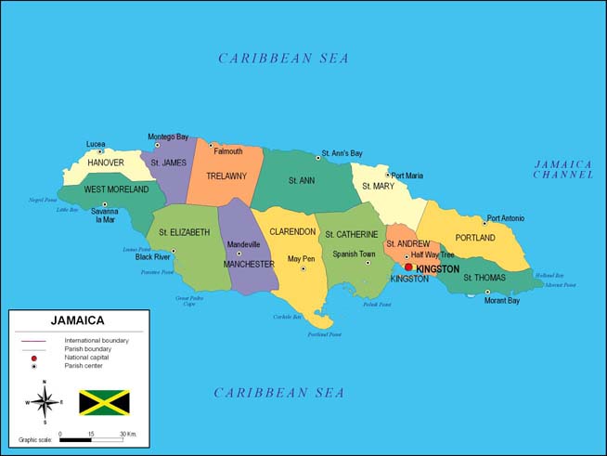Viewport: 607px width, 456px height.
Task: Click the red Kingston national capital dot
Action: click(408, 267)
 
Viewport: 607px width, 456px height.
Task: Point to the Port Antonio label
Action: click(505, 218)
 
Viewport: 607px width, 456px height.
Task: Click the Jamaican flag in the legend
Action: click(104, 402)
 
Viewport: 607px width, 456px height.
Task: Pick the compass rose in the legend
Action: click(43, 402)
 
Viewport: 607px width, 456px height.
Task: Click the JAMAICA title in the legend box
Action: click(77, 321)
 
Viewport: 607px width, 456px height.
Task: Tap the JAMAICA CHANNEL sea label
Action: click(562, 169)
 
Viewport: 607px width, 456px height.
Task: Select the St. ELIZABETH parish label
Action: click(184, 232)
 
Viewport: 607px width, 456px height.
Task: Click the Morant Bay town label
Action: click(501, 301)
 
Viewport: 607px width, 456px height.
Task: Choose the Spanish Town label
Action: click(354, 254)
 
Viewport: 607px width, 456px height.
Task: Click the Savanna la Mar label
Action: click(104, 215)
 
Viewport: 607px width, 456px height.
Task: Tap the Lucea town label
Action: click(96, 144)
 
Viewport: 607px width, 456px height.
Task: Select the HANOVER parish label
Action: click(105, 163)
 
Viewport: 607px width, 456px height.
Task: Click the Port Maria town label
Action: click(407, 176)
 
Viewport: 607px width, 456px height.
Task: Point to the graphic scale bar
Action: click(91, 439)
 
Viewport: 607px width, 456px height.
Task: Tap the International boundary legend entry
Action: click(97, 341)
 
